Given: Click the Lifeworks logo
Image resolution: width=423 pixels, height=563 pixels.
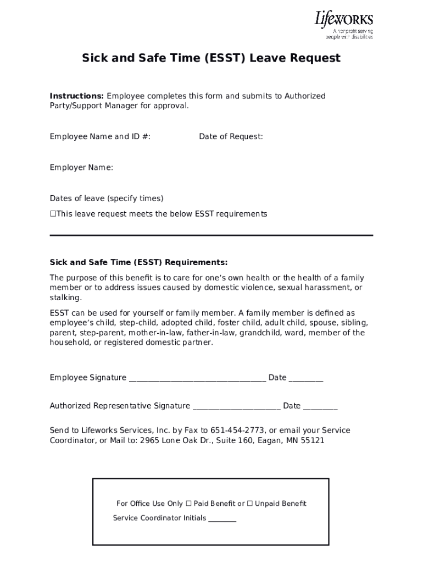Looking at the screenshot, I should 343,25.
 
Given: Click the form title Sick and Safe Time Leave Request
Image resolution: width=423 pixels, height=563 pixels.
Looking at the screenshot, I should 211,58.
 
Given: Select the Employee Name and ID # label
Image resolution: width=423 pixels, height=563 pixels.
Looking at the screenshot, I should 100,137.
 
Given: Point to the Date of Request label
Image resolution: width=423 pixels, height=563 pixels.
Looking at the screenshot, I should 231,137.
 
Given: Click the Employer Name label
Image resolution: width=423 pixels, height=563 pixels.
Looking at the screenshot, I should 81,168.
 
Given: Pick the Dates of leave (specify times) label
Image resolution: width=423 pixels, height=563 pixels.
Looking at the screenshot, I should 107,198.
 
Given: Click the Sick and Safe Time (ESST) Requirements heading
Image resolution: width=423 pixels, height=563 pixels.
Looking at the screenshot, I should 138,262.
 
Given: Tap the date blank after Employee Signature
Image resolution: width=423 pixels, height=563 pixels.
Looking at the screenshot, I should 306,379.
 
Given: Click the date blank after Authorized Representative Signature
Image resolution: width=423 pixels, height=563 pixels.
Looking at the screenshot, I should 320,407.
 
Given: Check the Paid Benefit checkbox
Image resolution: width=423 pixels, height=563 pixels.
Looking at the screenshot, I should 188,504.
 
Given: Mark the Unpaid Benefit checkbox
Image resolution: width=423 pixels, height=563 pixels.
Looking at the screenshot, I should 250,504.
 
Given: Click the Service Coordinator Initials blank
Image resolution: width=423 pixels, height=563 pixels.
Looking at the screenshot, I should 222,520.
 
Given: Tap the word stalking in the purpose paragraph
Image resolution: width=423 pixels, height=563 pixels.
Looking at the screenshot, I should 65,298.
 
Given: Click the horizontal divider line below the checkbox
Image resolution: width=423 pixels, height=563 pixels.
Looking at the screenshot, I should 211,235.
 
